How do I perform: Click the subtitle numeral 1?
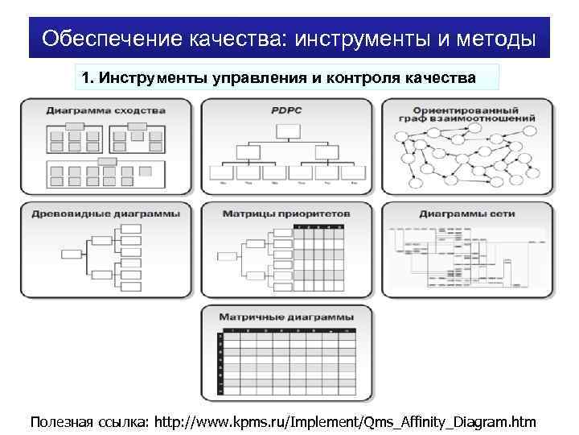point(86,78)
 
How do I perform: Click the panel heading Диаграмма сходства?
point(105,110)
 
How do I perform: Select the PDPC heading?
point(286,110)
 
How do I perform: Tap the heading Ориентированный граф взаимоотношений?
point(466,115)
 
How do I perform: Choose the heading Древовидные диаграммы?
point(105,214)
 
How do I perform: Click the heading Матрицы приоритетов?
point(286,214)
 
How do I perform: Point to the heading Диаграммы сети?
point(466,214)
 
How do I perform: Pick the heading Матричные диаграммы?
point(286,316)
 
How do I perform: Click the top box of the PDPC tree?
point(286,130)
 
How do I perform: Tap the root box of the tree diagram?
point(72,254)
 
